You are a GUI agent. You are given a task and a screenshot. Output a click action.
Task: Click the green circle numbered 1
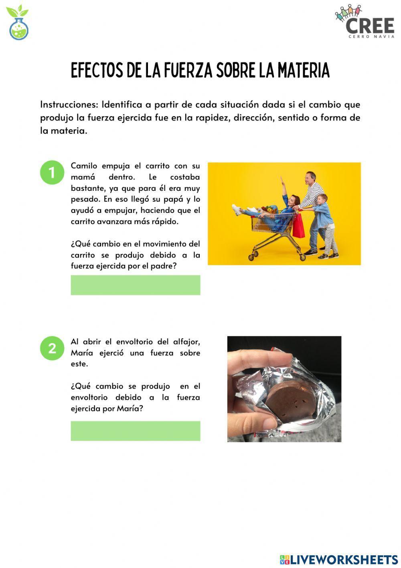[x=52, y=172]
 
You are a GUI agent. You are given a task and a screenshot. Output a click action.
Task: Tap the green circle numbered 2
[x=52, y=348]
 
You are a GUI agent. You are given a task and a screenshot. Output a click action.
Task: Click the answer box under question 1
[x=136, y=285]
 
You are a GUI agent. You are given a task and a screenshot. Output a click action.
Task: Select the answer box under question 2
[x=136, y=431]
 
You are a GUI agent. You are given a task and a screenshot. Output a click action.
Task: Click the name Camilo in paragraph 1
[x=84, y=166]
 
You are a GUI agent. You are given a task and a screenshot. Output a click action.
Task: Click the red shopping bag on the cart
[x=298, y=226]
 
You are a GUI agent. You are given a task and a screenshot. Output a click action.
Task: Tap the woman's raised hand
[x=282, y=178]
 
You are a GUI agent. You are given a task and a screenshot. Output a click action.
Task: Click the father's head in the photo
[x=310, y=178]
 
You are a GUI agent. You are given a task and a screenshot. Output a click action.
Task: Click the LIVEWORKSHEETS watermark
[x=339, y=560]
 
